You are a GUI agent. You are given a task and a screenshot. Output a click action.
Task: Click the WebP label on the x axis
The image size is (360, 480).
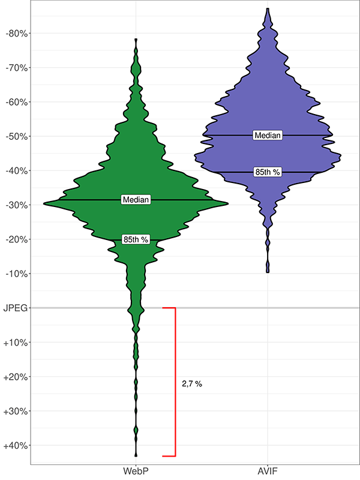[x=136, y=469]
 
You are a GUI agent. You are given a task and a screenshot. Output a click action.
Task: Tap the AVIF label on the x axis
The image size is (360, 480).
[x=267, y=469]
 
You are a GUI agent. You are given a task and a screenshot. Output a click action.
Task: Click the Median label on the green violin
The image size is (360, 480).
[x=136, y=199]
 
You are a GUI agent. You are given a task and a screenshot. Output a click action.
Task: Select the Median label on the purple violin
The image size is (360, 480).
[x=268, y=136]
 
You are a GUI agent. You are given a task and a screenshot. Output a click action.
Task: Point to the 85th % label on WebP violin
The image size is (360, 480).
[x=136, y=239]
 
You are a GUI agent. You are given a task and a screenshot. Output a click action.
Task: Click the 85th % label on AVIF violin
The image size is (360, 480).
[x=268, y=172]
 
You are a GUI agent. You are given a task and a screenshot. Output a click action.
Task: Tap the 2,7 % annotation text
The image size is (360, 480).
[x=192, y=383]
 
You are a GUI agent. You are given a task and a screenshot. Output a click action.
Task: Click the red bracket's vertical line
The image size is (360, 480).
[x=175, y=382]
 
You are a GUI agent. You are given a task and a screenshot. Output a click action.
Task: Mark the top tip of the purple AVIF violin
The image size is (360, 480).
[x=268, y=9]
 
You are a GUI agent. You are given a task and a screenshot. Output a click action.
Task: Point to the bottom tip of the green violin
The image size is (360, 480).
[x=136, y=455]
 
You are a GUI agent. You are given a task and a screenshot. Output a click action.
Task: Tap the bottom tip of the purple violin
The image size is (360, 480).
[x=268, y=272]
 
